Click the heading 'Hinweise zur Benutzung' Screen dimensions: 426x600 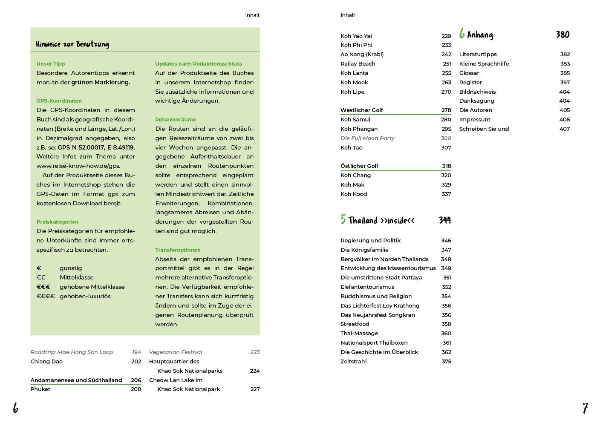point(72,44)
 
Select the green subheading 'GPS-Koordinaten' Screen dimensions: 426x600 point(59,101)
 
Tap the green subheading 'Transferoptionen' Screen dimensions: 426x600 point(178,250)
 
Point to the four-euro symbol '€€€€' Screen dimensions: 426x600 point(46,296)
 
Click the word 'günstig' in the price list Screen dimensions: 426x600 point(71,268)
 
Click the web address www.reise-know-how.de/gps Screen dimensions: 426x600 point(78,166)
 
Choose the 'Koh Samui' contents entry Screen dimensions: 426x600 point(355,120)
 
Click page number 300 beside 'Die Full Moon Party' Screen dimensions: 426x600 point(446,138)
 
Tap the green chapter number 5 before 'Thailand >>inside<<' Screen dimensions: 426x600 point(343,219)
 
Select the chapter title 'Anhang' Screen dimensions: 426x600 point(480,35)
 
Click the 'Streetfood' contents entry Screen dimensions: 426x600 point(355,324)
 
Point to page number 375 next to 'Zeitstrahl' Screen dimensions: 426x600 point(446,362)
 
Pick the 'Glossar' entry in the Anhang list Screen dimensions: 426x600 point(469,73)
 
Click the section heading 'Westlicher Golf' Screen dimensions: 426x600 point(361,110)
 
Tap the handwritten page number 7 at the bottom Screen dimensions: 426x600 point(585,408)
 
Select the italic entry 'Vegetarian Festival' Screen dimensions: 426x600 point(176,352)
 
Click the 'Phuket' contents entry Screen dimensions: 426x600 point(40,389)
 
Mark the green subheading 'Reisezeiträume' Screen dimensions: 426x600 point(176,120)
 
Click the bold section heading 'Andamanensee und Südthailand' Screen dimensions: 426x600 point(76,380)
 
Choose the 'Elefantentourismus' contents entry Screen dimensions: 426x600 point(367,287)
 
